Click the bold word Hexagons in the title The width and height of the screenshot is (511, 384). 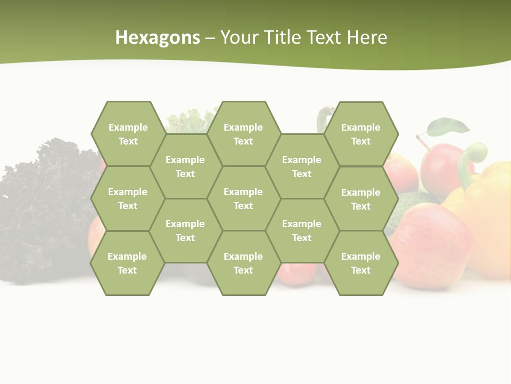click(158, 37)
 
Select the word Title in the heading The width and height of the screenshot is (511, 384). click(286, 37)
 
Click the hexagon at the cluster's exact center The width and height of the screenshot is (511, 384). click(243, 198)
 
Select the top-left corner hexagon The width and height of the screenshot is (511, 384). click(128, 134)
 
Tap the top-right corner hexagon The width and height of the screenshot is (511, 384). click(361, 134)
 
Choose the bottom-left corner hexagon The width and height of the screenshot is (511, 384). click(127, 263)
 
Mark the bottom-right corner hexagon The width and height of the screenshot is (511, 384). click(361, 263)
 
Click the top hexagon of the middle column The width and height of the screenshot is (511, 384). click(243, 134)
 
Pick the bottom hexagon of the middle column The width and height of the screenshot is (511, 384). click(243, 263)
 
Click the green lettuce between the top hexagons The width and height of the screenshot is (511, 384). click(189, 121)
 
